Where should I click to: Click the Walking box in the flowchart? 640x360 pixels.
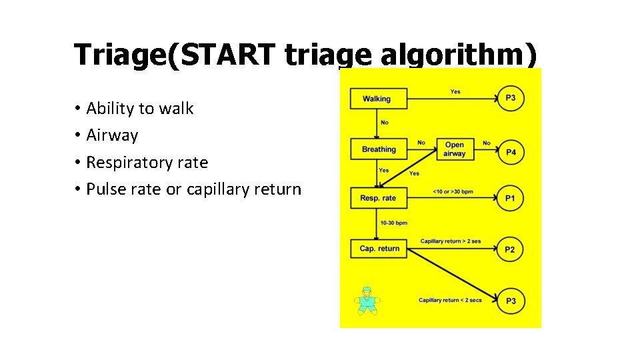coord(377,99)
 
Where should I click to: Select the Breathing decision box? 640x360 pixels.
coord(379,149)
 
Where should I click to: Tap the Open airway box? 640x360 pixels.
coord(454,149)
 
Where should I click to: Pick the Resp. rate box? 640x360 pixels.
coord(378,198)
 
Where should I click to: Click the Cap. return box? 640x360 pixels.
coord(379,249)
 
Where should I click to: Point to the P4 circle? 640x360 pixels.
coord(511,153)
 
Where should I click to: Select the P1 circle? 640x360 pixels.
coord(510,198)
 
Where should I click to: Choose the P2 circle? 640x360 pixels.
coord(510,249)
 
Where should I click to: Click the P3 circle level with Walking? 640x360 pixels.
coord(510,99)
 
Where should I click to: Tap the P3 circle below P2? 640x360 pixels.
coord(510,301)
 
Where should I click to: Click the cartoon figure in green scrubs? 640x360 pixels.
coord(366,301)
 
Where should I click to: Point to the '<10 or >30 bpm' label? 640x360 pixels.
coord(453,192)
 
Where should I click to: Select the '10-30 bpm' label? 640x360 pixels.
coord(393,223)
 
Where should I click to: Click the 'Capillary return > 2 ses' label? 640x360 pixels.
coord(450,241)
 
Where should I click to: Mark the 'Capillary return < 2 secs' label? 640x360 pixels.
coord(450,301)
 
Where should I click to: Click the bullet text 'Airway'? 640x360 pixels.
coord(112,135)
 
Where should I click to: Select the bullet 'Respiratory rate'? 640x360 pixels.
coord(147,163)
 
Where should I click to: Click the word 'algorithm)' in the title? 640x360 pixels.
coord(458,55)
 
